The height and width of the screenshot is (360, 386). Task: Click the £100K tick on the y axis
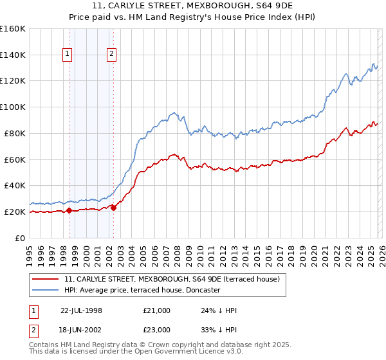point(13,107)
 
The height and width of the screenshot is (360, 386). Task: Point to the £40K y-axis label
point(15,185)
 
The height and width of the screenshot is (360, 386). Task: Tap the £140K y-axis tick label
point(13,55)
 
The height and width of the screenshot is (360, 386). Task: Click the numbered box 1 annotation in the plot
point(67,55)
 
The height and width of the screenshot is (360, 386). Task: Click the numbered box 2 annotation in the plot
point(111,55)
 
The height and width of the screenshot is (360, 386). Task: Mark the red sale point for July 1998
point(69,210)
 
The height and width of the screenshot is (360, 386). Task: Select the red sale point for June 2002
point(113,208)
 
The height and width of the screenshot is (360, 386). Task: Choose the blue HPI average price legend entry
point(142,291)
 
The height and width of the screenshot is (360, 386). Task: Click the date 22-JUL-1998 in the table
point(81,310)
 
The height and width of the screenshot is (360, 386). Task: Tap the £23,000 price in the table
point(157,329)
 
